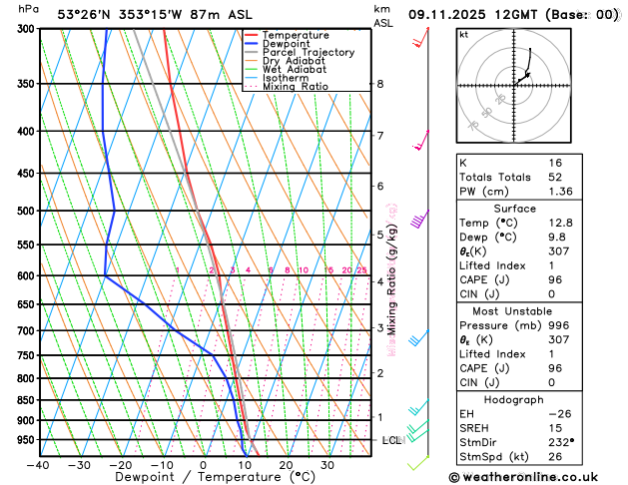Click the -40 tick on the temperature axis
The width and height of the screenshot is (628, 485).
[38, 464]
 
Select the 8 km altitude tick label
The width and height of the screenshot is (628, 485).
[379, 84]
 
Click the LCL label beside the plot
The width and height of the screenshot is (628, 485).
[391, 440]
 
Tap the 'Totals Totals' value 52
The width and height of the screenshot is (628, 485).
[555, 177]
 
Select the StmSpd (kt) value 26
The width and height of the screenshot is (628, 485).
[555, 456]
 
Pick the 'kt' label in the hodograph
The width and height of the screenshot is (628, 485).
[463, 34]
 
